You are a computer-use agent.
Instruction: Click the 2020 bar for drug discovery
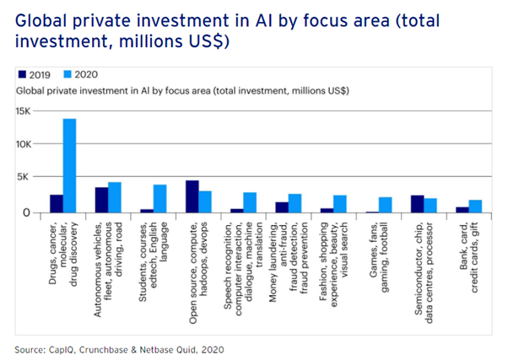[x=69, y=165]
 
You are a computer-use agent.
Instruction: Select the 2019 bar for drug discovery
[x=56, y=203]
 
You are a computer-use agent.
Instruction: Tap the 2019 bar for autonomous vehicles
[x=101, y=199]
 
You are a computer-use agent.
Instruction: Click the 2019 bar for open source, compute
[x=192, y=196]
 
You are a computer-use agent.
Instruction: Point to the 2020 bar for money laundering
[x=295, y=202]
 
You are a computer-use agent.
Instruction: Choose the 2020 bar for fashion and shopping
[x=341, y=203]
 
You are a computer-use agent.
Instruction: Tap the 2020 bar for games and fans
[x=386, y=204]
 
